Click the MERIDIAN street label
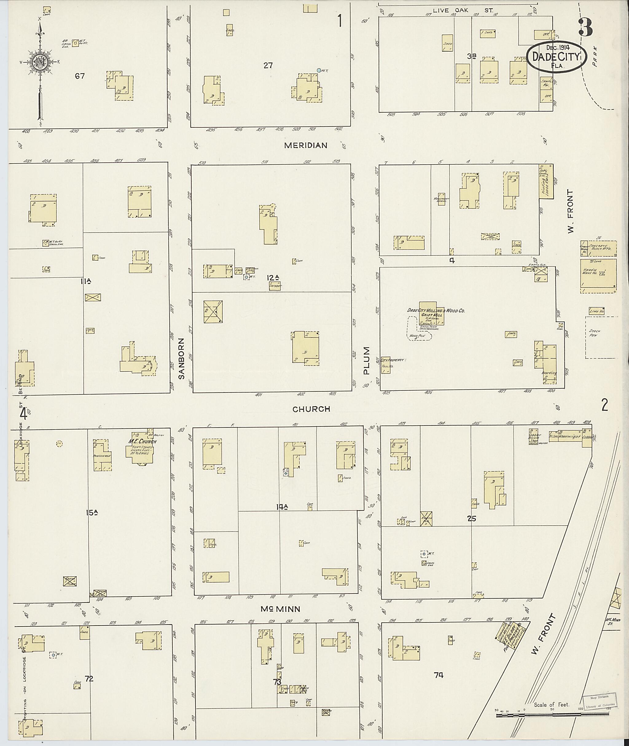pyautogui.click(x=306, y=146)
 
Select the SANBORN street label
pyautogui.click(x=181, y=358)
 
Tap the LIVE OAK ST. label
pyautogui.click(x=463, y=11)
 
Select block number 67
pyautogui.click(x=80, y=76)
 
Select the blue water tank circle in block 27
pyautogui.click(x=319, y=71)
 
